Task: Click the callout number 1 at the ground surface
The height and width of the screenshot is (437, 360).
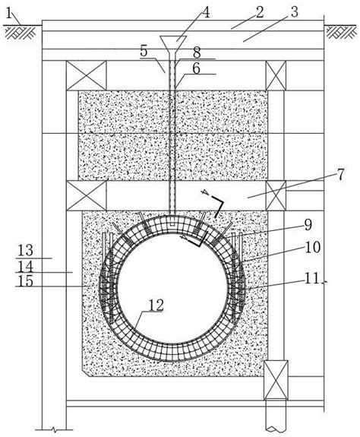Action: (x=9, y=13)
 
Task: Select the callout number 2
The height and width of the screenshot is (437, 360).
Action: (x=260, y=13)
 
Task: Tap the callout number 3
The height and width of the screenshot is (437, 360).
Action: (x=294, y=12)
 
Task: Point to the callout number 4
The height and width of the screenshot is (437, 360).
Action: (x=206, y=13)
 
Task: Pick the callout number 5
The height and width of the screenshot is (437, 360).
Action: (x=144, y=51)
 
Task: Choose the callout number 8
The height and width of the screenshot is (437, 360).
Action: (x=197, y=53)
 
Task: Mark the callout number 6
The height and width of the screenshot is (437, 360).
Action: (x=196, y=68)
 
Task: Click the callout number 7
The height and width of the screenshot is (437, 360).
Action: (x=341, y=175)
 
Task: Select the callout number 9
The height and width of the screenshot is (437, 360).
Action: (x=308, y=225)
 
